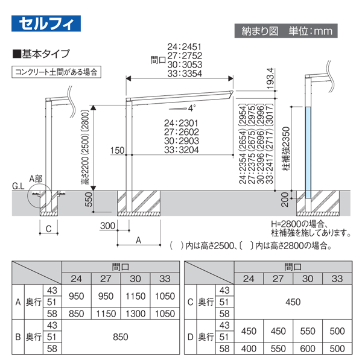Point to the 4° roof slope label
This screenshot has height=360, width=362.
point(192,109)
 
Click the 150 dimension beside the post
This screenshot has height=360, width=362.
point(118,150)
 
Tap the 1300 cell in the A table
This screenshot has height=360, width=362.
point(136,314)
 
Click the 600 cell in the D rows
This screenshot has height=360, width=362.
point(308,349)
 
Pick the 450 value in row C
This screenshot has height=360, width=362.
point(292,301)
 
